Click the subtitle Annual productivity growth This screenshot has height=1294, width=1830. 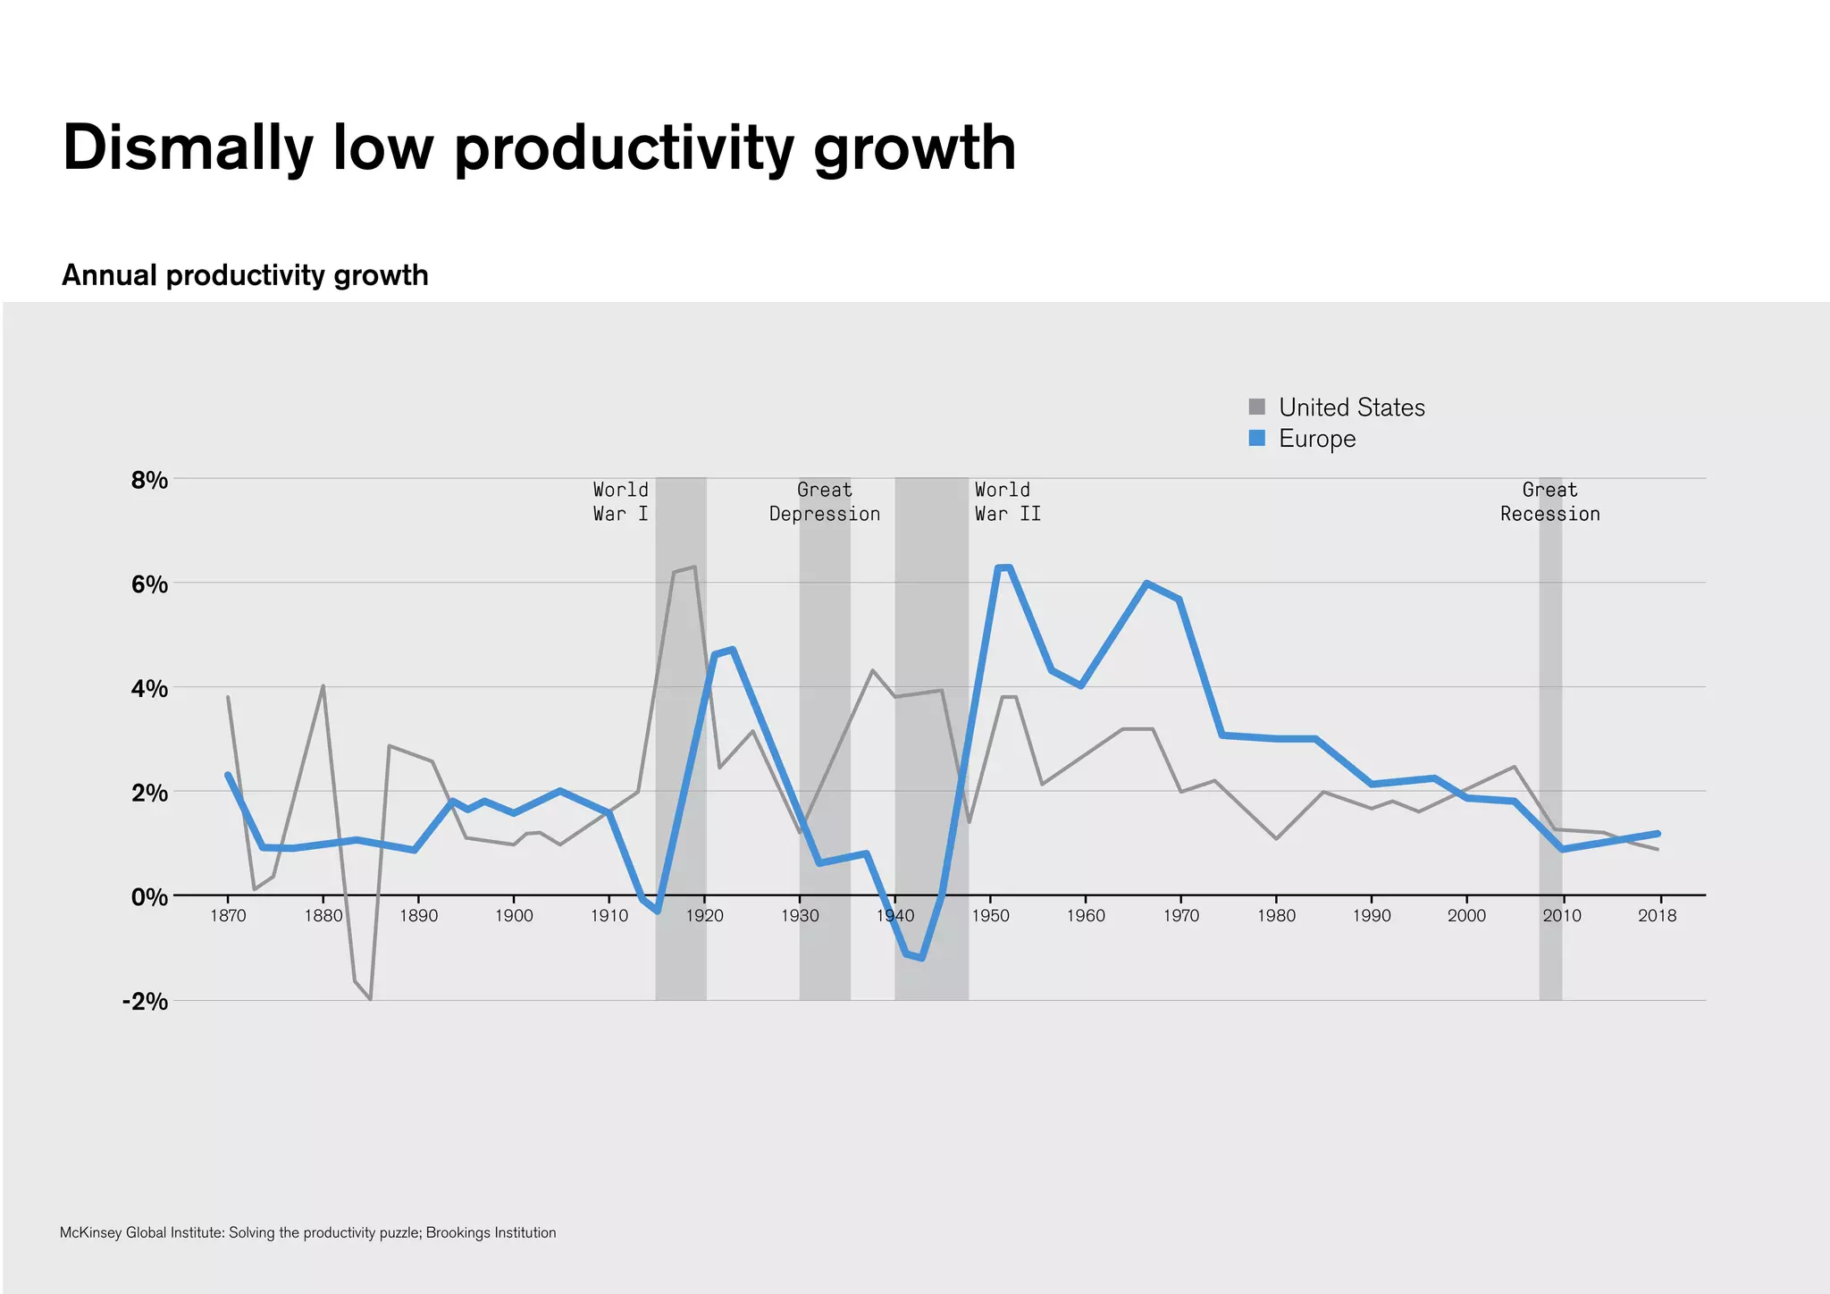[x=245, y=275]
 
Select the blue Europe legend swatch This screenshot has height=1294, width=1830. [x=1257, y=438]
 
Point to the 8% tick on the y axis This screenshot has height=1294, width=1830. [x=149, y=481]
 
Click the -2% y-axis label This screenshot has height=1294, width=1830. [x=145, y=1001]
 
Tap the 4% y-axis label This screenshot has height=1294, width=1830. [x=149, y=689]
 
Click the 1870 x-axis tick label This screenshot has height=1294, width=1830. [x=228, y=916]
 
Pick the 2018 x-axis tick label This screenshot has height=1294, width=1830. [x=1657, y=916]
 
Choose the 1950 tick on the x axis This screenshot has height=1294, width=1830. [x=990, y=916]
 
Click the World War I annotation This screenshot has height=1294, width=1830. [x=621, y=501]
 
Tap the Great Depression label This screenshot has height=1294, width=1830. [x=825, y=501]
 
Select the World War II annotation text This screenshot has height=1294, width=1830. [x=1007, y=501]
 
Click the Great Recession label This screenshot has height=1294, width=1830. [x=1549, y=501]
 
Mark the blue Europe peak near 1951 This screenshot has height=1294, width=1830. [x=1003, y=567]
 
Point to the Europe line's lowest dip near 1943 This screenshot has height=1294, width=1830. [x=921, y=958]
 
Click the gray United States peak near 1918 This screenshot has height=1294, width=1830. [x=693, y=567]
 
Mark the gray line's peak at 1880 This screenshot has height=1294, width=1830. [x=323, y=686]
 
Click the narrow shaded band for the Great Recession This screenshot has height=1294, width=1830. [x=1550, y=760]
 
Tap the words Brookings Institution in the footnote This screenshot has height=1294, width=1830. [x=491, y=1233]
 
